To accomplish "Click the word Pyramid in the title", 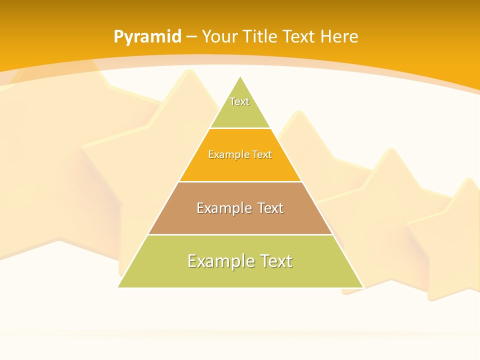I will (x=147, y=37).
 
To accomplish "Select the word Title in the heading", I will (x=260, y=36).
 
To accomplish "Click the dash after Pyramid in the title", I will (x=191, y=37).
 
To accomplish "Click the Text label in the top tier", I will (x=239, y=101).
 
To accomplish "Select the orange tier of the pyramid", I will (x=240, y=167).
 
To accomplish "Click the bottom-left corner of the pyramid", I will (x=118, y=287).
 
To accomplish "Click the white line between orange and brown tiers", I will (x=240, y=181).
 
